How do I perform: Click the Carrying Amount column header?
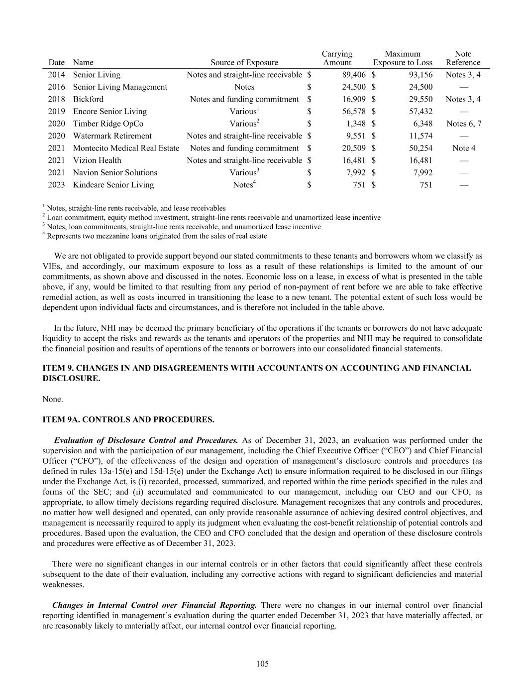337,58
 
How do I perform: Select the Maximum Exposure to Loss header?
403,58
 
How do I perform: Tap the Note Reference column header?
463,58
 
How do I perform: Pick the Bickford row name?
88,99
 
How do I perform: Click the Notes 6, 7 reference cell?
463,124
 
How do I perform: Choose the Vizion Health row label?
97,160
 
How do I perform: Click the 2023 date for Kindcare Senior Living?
56,185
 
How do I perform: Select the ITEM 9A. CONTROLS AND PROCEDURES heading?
128,420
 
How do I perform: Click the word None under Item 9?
53,400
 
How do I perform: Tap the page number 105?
263,664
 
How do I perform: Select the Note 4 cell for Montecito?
463,148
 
